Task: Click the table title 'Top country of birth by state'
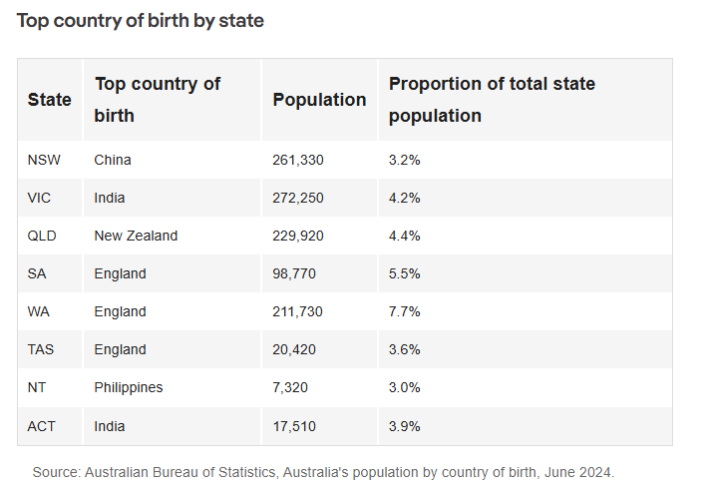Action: (140, 20)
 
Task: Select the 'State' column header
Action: (50, 100)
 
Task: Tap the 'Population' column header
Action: (319, 100)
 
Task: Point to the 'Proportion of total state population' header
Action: (492, 100)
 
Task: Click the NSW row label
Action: (44, 160)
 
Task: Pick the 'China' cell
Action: (113, 160)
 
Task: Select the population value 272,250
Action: (298, 198)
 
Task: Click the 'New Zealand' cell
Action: (136, 236)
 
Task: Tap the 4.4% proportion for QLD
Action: (405, 236)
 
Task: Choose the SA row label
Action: (38, 273)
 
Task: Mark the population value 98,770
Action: (294, 273)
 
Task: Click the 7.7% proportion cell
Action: (405, 311)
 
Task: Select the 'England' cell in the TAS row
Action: (120, 349)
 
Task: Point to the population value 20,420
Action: (294, 349)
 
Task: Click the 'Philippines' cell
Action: (129, 387)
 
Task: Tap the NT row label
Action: (38, 387)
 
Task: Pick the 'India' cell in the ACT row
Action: (110, 426)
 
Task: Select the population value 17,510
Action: (292, 426)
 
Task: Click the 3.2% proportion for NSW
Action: (405, 160)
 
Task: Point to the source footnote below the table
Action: (324, 472)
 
